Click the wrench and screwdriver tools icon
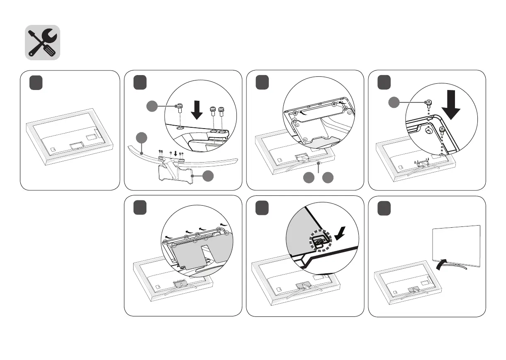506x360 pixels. [x=42, y=43]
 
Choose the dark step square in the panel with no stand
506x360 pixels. [x=36, y=83]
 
